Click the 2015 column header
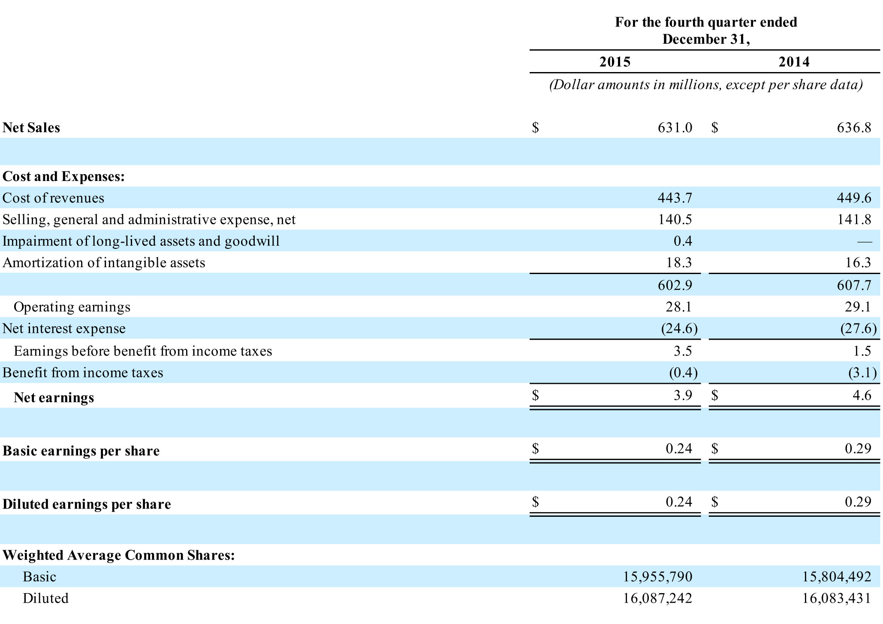tap(615, 62)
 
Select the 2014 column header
tap(794, 62)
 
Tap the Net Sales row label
tap(31, 128)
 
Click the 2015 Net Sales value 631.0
tap(675, 128)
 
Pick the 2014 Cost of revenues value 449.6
tap(854, 198)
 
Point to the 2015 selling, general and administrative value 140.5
tap(675, 220)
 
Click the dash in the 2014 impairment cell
tap(865, 242)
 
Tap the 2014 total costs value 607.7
tap(854, 285)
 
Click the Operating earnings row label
tap(72, 307)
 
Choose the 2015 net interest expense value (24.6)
tap(680, 329)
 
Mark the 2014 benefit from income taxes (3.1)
tap(862, 373)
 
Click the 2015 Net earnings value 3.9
tap(683, 395)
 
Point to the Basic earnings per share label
tap(81, 451)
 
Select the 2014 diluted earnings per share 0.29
tap(858, 502)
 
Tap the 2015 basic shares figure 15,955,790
tap(658, 577)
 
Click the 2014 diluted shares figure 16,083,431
tap(837, 598)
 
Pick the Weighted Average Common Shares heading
tap(119, 555)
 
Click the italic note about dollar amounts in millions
tap(706, 85)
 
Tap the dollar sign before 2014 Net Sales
tap(714, 128)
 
